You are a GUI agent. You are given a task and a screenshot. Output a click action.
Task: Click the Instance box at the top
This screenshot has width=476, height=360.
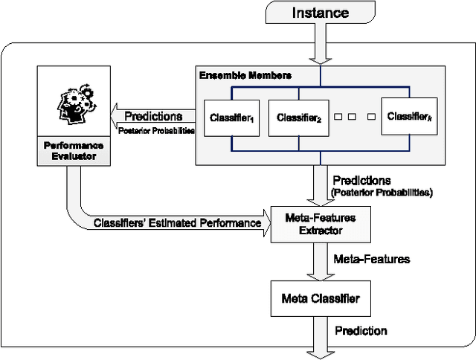[x=321, y=13]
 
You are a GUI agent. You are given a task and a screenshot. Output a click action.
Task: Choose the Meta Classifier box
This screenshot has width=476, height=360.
[x=320, y=298]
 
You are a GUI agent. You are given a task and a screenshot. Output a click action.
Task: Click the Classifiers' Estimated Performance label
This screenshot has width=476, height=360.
[x=177, y=223]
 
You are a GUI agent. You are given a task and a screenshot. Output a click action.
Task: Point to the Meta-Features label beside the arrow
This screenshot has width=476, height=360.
[x=372, y=260]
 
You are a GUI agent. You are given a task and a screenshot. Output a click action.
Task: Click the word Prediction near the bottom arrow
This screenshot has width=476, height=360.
[x=361, y=330]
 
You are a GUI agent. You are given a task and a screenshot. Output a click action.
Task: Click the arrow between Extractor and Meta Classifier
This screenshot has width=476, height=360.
[x=321, y=261]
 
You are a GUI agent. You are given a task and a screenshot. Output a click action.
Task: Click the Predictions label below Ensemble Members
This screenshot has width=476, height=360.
[x=361, y=181]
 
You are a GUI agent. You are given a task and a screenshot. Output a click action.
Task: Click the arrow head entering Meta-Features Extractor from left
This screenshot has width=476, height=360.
[x=266, y=223]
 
